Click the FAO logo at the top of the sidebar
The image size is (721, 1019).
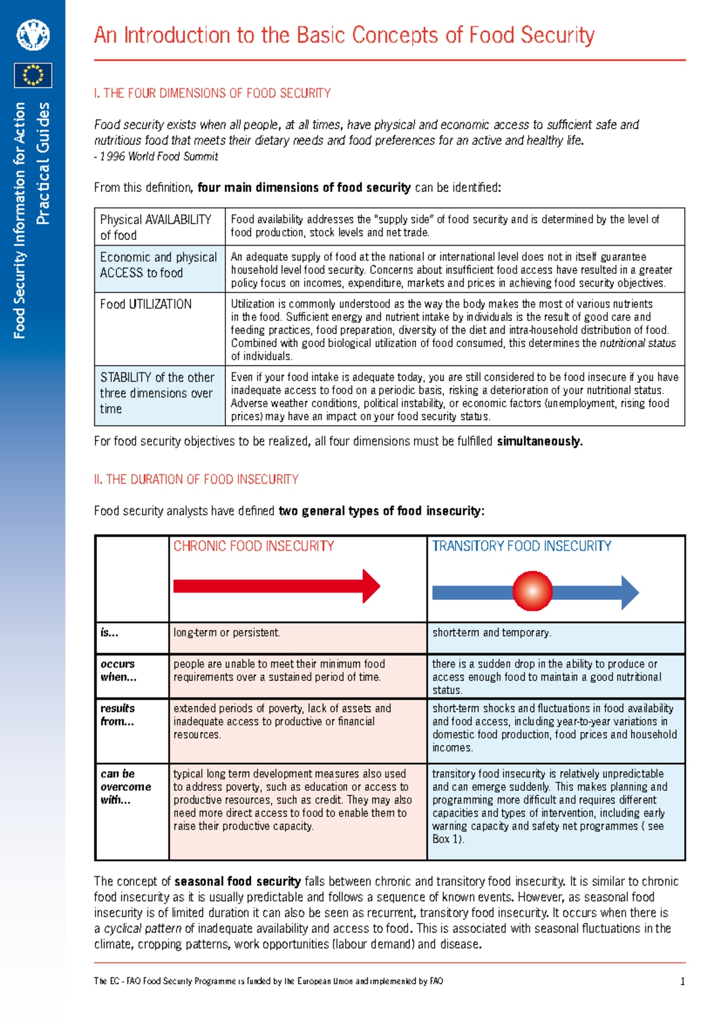(33, 35)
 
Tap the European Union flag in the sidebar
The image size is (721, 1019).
(33, 75)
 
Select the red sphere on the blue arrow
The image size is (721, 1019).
(532, 591)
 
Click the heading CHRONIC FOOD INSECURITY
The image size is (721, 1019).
(254, 546)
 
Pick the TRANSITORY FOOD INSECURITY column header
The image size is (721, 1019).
(522, 546)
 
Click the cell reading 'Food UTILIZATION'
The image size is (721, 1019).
(146, 305)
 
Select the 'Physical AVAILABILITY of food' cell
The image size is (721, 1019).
(156, 227)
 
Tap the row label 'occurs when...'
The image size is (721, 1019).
(118, 671)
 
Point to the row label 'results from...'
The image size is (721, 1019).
(118, 715)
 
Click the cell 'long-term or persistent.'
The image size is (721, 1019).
(227, 633)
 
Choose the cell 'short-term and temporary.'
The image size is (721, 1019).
(491, 633)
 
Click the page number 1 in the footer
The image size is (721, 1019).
(682, 982)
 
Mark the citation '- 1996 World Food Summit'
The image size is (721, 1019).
(156, 157)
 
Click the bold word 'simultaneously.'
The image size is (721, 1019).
(540, 442)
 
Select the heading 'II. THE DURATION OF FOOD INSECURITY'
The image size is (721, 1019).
(196, 479)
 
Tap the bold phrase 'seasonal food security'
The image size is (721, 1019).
(237, 881)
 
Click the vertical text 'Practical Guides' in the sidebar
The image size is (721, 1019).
(43, 163)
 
